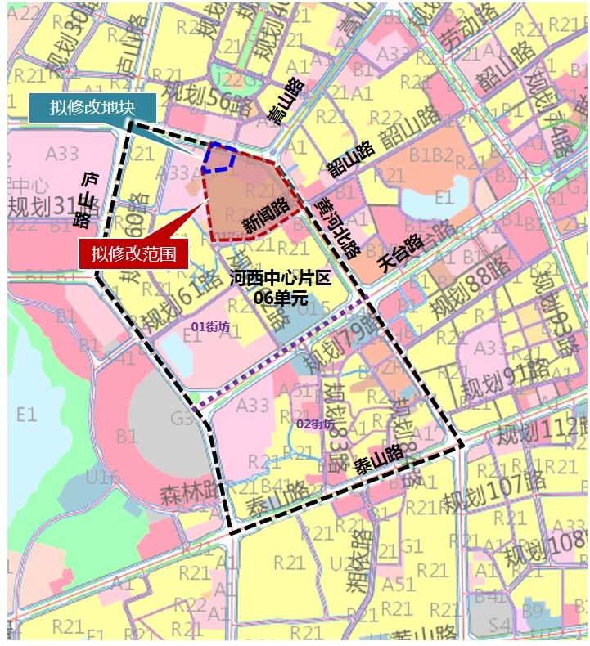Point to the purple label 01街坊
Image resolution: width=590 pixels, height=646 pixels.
coord(210,326)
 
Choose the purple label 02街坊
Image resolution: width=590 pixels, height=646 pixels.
coord(314,424)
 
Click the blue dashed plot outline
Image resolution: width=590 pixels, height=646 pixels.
coord(221,158)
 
